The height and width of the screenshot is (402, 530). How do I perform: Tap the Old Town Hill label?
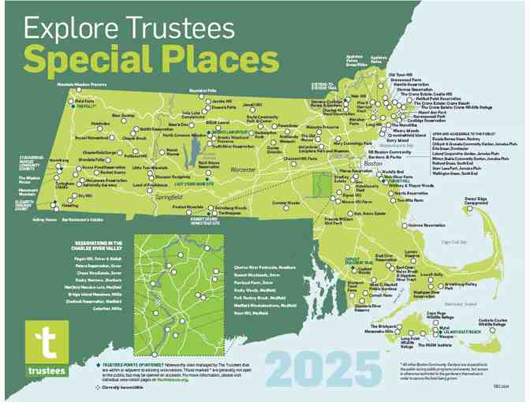(401, 74)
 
